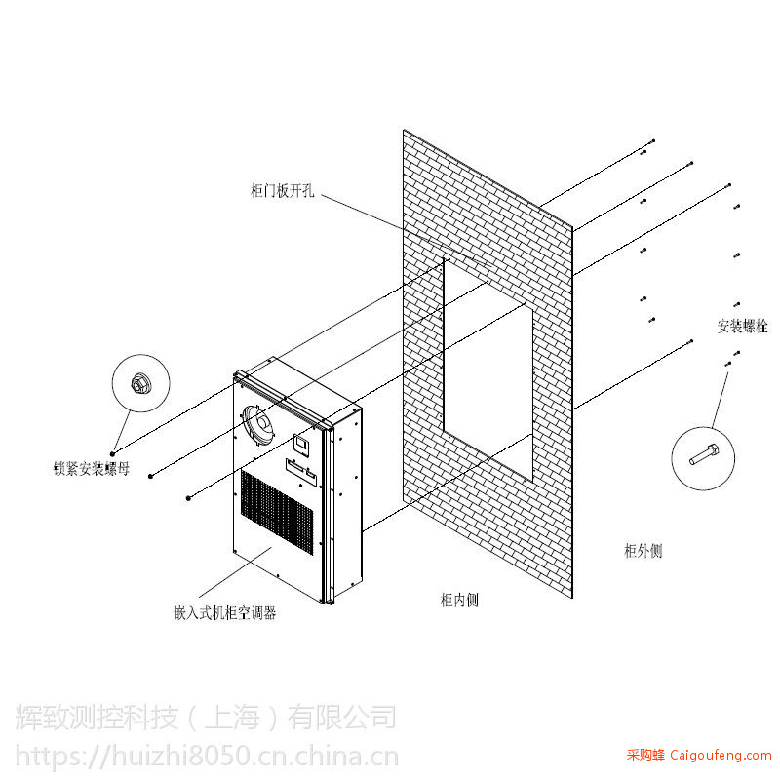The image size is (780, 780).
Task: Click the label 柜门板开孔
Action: click(282, 190)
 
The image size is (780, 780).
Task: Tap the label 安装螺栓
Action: click(742, 327)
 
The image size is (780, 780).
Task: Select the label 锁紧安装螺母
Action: click(92, 469)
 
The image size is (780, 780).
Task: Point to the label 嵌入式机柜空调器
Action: click(225, 613)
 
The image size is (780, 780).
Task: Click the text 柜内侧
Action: click(459, 600)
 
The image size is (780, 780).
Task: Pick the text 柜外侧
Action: click(643, 551)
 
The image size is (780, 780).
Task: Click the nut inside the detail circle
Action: click(137, 383)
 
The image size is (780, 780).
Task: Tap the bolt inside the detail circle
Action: click(703, 454)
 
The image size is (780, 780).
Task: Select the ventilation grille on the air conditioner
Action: click(277, 511)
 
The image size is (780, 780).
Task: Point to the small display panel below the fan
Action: click(301, 444)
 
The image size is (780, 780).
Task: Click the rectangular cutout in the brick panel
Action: click(488, 369)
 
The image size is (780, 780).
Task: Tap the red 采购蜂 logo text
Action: click(645, 755)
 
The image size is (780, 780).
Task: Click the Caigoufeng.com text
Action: click(721, 756)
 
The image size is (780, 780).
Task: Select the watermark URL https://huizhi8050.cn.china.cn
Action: click(207, 757)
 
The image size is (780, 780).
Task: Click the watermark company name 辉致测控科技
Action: click(97, 717)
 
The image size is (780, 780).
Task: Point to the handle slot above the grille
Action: click(301, 471)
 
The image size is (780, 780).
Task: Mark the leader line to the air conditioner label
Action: click(235, 572)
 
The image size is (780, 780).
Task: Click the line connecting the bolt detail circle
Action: click(720, 401)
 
